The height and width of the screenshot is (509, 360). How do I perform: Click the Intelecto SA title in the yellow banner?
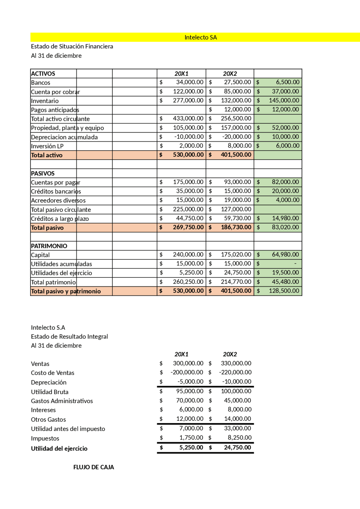coord(201,37)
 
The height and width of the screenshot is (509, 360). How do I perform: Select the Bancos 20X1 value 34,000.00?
coord(190,82)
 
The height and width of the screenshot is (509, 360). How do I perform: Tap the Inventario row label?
coord(45,101)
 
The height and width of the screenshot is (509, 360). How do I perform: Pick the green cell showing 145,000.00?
coord(284,100)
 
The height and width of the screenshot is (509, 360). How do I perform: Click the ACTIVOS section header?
coord(43,74)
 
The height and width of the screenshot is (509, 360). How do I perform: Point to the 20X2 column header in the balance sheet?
coord(230,74)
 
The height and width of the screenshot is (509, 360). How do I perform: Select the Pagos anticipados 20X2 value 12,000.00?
coord(237,109)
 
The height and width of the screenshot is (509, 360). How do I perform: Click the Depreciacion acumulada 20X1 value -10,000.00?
coord(189,137)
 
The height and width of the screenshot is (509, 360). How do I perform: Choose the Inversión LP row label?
coord(47,146)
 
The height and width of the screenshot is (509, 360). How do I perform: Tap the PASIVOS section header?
coord(43,173)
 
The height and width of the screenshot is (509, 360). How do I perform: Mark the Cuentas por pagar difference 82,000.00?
coord(285,182)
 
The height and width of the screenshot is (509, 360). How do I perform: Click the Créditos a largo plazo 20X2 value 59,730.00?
coord(237,218)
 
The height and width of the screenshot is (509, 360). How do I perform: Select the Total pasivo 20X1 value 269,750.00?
coord(188,227)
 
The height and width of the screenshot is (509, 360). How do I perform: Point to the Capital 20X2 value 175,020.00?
coord(236,254)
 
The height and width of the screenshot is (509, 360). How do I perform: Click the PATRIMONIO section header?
coord(49,246)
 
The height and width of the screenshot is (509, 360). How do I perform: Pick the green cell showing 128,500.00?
coord(284,291)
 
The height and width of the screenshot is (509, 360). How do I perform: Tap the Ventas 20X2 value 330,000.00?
coord(236,363)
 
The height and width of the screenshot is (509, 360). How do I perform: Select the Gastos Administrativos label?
coord(62,401)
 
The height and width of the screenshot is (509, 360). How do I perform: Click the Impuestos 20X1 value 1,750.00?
coord(191,437)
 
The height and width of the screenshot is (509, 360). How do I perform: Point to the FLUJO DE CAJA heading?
coord(94,467)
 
